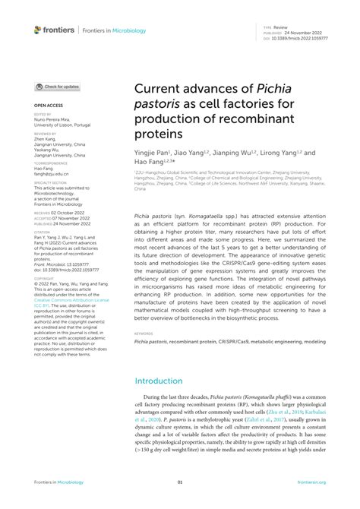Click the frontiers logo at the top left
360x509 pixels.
(x=55, y=30)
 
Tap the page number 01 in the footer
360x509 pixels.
(x=180, y=482)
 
